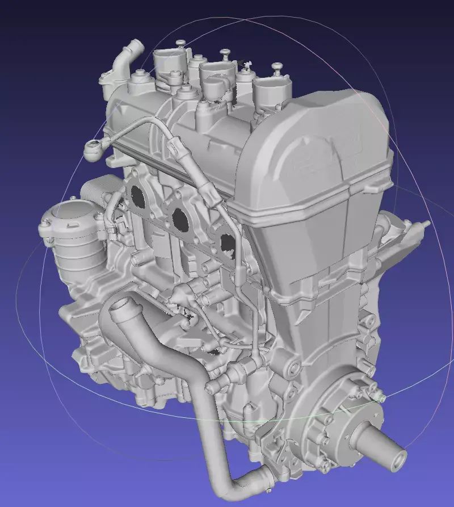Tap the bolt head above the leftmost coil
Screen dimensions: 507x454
click(180, 43)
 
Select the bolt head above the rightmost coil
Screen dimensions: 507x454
click(277, 67)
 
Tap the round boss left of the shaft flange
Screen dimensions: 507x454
click(293, 368)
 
